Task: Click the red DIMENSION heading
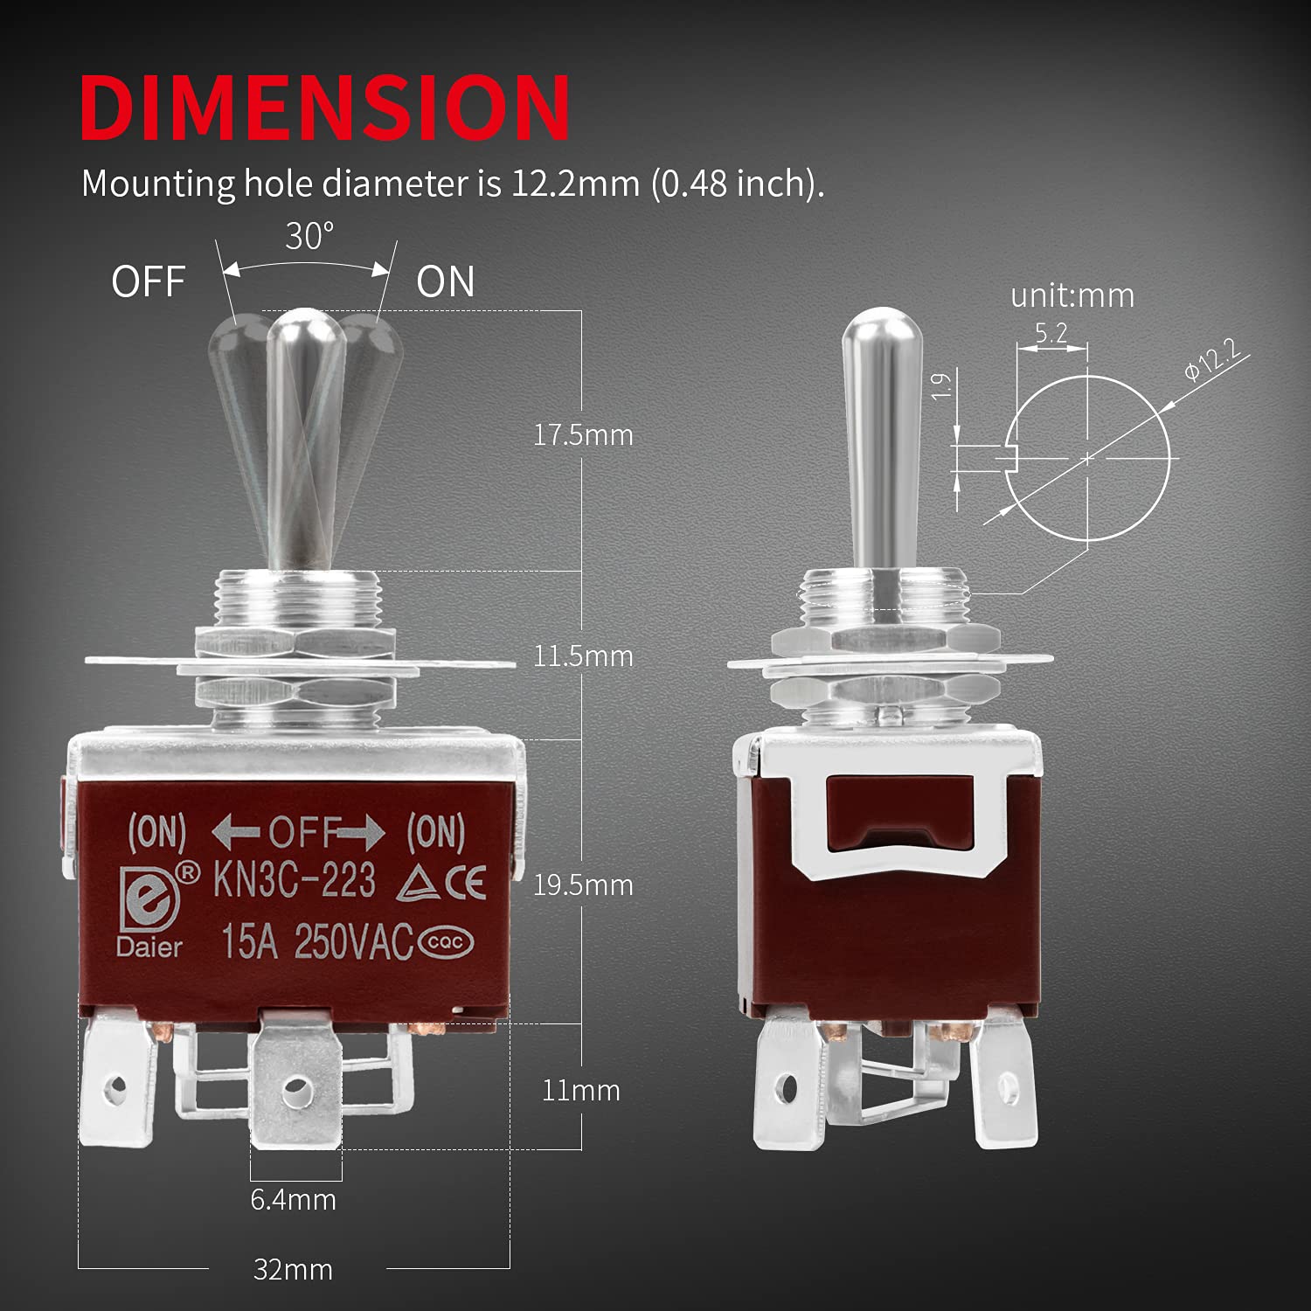[x=324, y=107]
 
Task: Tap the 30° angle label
[x=309, y=237]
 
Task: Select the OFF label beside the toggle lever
[x=148, y=282]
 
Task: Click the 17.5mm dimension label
[x=583, y=434]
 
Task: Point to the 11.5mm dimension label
[x=583, y=655]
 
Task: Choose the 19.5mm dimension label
[x=583, y=884]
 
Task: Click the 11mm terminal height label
[x=580, y=1090]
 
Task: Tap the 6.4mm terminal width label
[x=293, y=1199]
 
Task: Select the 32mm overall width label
[x=293, y=1269]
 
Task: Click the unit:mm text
[x=1072, y=295]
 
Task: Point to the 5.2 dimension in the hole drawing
[x=1051, y=333]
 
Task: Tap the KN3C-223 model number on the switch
[x=295, y=880]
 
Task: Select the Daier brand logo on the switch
[x=149, y=909]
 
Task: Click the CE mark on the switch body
[x=465, y=883]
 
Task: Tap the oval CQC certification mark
[x=447, y=942]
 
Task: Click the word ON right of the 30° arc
[x=445, y=282]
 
